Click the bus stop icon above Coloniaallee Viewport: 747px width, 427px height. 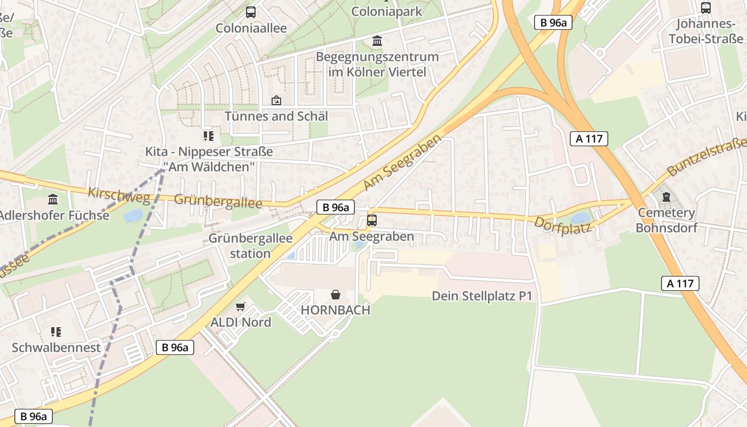pos(251,12)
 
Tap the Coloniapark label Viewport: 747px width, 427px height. pos(387,11)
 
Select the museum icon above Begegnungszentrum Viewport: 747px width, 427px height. pos(377,41)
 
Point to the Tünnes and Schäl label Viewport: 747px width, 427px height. pos(276,116)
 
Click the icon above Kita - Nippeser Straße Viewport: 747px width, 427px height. pos(208,136)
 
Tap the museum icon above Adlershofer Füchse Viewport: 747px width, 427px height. pos(53,200)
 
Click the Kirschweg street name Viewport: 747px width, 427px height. pos(119,195)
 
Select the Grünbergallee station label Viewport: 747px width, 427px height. pos(250,246)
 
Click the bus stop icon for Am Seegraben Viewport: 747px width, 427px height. pos(372,220)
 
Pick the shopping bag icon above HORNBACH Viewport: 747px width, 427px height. pos(336,294)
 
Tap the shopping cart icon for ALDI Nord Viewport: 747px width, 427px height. pos(241,306)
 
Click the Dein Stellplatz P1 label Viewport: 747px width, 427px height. pos(482,296)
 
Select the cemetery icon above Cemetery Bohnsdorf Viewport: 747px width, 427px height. pos(666,197)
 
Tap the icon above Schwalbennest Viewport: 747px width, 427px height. pos(56,332)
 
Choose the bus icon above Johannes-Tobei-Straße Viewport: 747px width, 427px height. pos(706,8)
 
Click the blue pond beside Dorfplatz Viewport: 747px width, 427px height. pos(581,218)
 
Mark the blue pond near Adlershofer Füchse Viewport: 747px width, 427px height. pos(133,216)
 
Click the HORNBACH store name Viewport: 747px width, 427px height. pos(335,310)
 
